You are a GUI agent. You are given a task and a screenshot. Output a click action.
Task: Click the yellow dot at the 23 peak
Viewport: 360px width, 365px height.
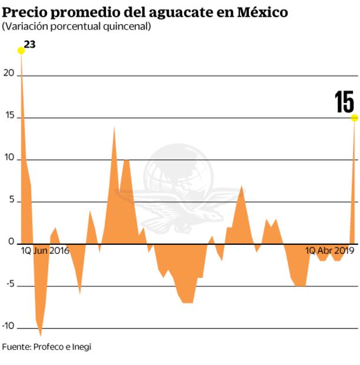[21, 51]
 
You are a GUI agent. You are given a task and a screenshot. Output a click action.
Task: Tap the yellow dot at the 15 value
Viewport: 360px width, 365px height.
[354, 118]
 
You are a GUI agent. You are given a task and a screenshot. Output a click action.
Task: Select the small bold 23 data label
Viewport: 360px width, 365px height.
[30, 44]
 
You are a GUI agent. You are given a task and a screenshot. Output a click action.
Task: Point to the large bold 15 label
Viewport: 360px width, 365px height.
[344, 102]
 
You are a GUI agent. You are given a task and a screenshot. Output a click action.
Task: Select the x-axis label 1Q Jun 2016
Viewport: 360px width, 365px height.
[45, 251]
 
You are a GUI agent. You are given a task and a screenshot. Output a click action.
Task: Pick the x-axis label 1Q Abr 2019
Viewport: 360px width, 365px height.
[329, 251]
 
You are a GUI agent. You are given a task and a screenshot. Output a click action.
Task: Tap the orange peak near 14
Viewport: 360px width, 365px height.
[114, 127]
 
